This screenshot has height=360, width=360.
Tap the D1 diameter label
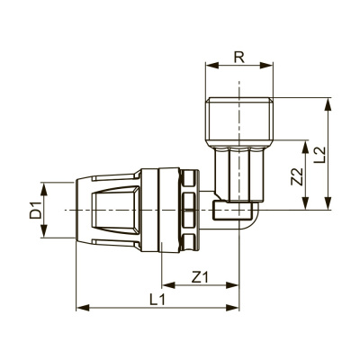[34, 212]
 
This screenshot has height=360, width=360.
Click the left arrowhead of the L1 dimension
[83, 309]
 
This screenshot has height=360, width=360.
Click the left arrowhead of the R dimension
[210, 64]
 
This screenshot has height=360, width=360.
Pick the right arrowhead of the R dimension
[271, 64]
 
